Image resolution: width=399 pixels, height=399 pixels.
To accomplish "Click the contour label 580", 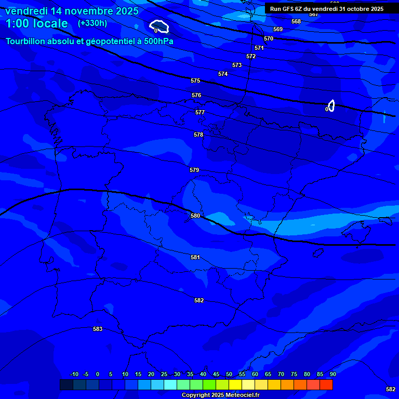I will pos(195,216).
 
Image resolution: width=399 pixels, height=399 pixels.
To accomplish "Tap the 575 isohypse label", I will pos(195,81).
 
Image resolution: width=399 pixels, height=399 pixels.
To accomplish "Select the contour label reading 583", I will pos(98,329).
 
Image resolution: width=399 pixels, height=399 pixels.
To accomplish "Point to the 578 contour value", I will pos(198,135).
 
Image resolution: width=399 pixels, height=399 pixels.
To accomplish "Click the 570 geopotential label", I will pos(269,39).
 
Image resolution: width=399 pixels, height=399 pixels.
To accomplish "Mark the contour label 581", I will pos(195,257).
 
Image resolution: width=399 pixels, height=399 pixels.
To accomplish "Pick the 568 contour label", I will pos(296,21).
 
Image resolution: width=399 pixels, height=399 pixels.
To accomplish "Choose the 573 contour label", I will pos(237,65).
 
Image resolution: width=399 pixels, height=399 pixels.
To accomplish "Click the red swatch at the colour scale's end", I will pos(326,384).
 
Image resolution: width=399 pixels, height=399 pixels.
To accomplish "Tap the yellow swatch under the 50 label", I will pos(235,384).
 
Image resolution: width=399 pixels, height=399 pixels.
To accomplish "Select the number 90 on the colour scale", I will pos(332,374).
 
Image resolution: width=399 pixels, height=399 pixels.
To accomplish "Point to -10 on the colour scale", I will pos(74,374).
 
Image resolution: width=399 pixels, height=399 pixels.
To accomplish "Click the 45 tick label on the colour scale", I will pos(216,374).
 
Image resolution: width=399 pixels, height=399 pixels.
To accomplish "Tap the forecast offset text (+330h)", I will pos(92,23).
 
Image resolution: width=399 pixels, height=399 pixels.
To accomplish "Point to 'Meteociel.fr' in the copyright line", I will pos(242,395).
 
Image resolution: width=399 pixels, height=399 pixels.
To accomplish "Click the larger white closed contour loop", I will pos(159,25).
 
